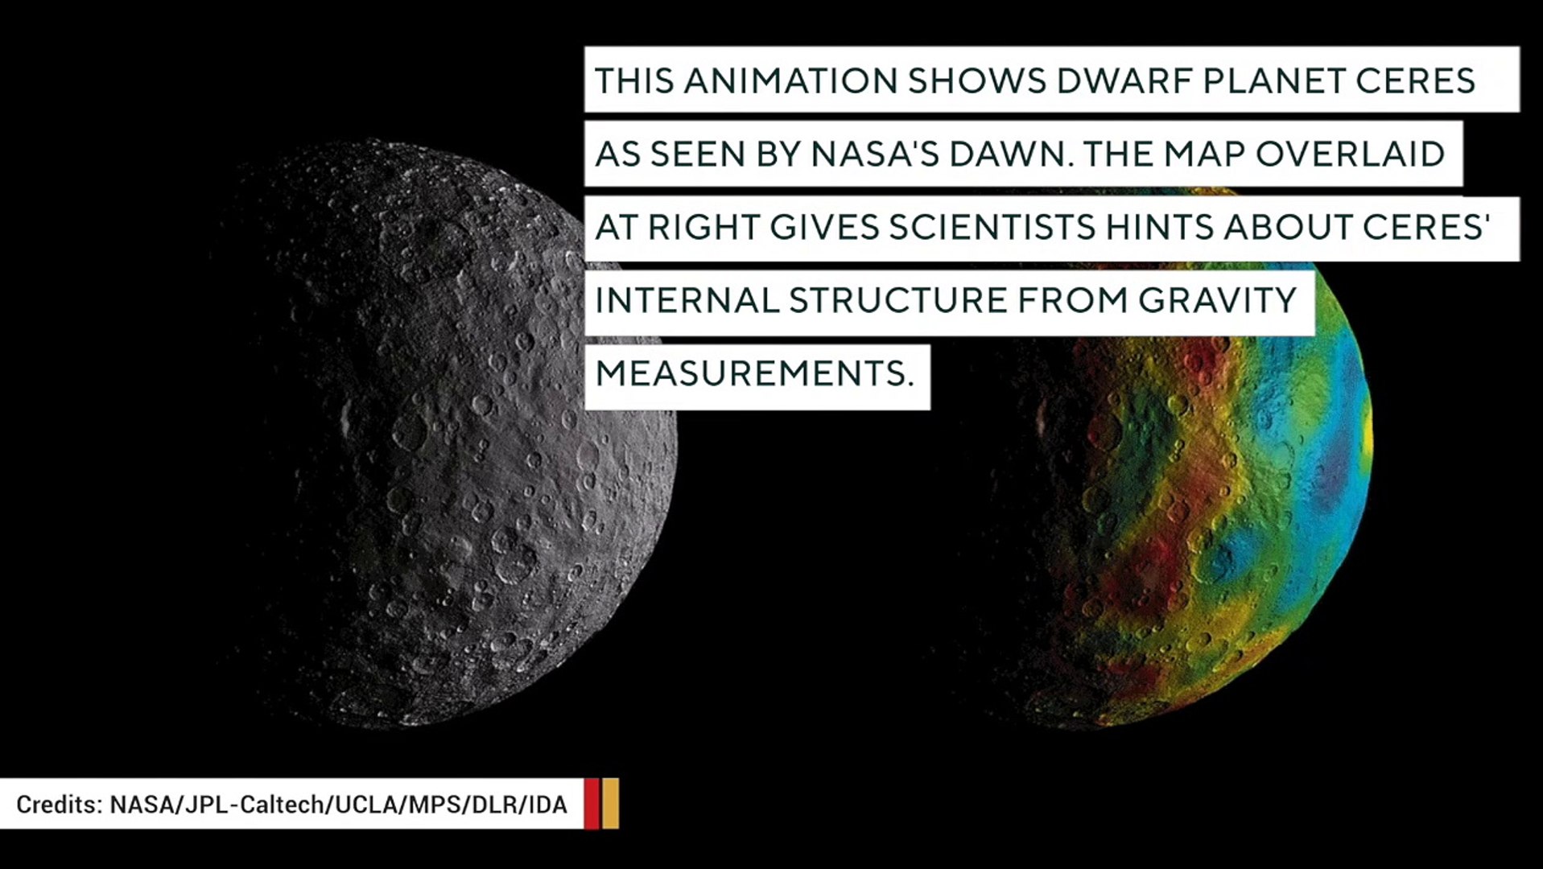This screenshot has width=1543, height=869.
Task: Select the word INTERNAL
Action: [x=687, y=301]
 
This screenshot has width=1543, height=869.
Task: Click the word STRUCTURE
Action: [x=897, y=301]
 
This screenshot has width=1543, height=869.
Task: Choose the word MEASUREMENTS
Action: [x=754, y=374]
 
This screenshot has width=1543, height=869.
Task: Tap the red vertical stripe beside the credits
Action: [x=592, y=803]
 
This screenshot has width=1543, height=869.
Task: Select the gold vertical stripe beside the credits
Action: [x=610, y=803]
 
